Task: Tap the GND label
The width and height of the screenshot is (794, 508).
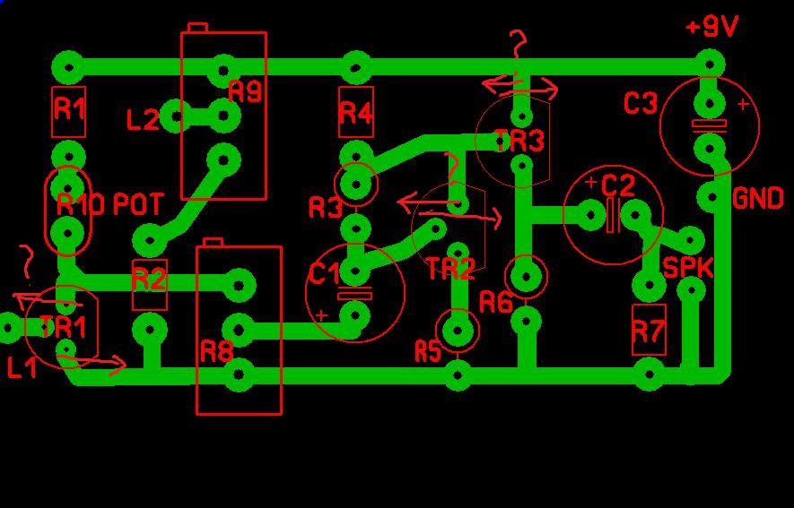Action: (758, 198)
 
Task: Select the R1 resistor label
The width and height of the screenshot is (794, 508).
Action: (69, 108)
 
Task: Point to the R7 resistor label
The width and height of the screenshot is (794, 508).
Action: (649, 331)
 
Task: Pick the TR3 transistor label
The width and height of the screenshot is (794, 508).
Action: (519, 141)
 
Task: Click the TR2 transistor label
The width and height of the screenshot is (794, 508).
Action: (451, 268)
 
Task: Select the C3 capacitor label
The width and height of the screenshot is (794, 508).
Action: (641, 103)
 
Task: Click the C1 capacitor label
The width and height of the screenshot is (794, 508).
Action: (325, 274)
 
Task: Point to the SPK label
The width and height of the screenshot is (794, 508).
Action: (687, 267)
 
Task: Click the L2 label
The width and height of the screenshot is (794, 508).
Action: (143, 120)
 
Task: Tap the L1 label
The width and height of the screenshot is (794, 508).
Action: (22, 367)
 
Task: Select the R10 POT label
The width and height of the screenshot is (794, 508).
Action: (109, 204)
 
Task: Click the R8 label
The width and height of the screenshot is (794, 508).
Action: (217, 351)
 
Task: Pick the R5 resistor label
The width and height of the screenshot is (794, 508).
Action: (428, 351)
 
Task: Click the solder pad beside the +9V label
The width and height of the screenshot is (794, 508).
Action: (710, 65)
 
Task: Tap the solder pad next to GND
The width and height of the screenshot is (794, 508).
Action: (711, 196)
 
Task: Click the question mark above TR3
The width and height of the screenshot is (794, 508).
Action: (518, 45)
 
